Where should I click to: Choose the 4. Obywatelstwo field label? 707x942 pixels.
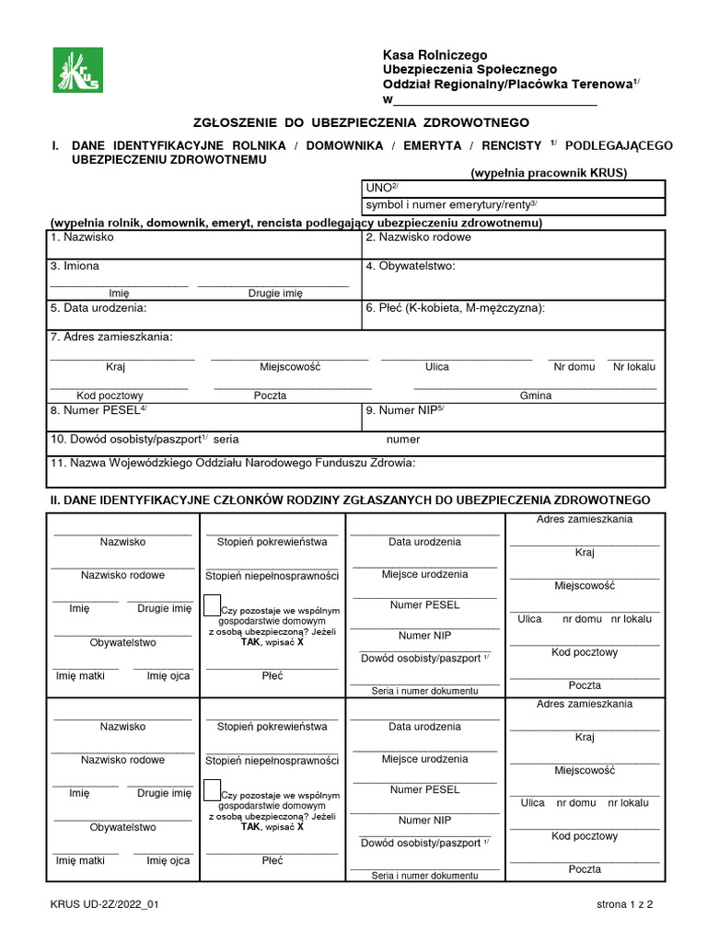[411, 267]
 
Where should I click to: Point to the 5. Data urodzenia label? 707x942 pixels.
[99, 308]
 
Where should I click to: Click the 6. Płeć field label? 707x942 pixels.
[456, 308]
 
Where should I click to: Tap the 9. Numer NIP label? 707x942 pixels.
[406, 410]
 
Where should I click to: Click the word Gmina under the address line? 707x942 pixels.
[536, 396]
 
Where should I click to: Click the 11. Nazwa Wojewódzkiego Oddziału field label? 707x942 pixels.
[234, 464]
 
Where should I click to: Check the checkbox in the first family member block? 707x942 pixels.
[212, 604]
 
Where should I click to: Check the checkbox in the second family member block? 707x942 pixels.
[212, 788]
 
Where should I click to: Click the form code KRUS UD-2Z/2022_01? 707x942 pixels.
[105, 905]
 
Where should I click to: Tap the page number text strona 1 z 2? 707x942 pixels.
[624, 905]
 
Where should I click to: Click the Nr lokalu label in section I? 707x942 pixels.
[634, 366]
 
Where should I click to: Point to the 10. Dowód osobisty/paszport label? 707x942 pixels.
[145, 440]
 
